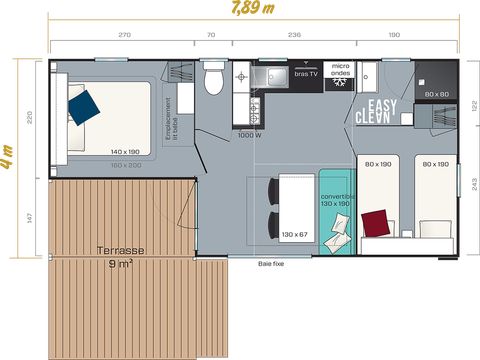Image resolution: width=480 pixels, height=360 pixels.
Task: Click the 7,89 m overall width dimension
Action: tap(246, 10)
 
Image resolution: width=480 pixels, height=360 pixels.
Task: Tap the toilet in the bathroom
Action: tap(212, 78)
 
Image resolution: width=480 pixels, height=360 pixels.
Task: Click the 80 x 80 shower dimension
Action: tap(436, 94)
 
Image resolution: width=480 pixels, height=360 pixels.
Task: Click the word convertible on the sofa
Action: tap(337, 196)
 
